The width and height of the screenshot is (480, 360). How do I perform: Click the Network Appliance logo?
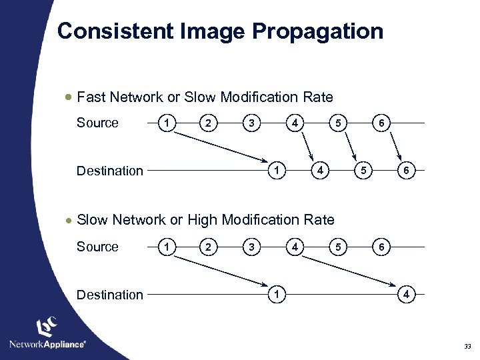point(47,333)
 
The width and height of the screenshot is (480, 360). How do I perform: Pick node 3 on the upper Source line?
point(251,123)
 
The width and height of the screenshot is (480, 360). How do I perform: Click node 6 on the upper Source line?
point(381,123)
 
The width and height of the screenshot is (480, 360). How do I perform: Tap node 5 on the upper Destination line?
point(363,171)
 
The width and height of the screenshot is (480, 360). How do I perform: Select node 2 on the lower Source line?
point(209,247)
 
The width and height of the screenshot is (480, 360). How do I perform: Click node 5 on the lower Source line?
point(338,247)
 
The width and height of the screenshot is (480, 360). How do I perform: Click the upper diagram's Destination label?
point(110,171)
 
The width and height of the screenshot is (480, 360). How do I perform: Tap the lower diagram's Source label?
point(97,247)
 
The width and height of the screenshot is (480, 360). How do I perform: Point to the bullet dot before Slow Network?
point(68,219)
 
